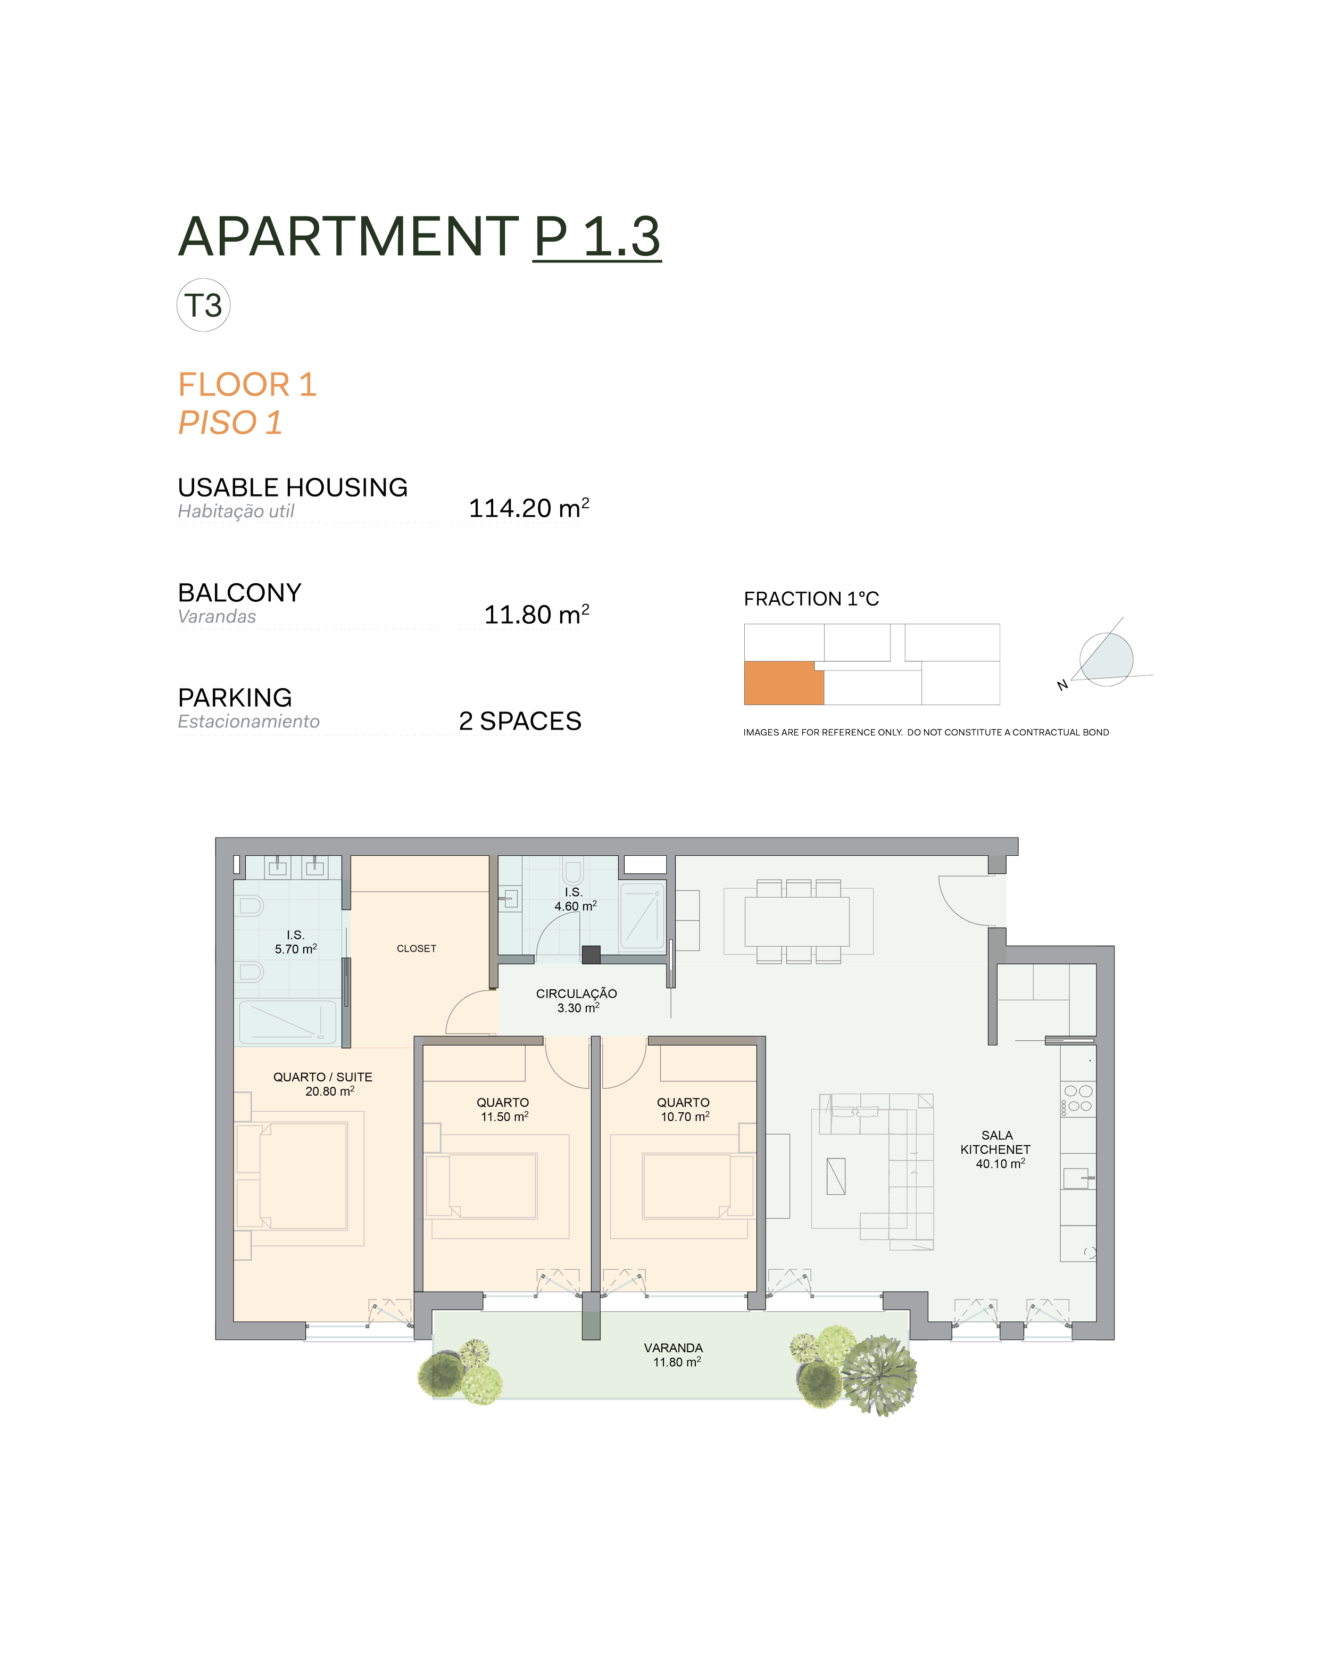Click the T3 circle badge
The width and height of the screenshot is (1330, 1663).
click(x=204, y=306)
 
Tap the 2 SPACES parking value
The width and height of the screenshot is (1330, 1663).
click(x=520, y=721)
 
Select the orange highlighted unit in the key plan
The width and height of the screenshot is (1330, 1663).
click(x=783, y=683)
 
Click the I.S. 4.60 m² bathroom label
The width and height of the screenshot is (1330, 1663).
click(x=575, y=899)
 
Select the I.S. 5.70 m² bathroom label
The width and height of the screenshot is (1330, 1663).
click(x=295, y=942)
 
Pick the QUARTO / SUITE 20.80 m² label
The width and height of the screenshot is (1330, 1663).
click(x=323, y=1083)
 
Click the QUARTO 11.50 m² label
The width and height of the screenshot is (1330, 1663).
click(x=503, y=1109)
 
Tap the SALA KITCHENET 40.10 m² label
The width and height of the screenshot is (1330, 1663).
click(x=996, y=1149)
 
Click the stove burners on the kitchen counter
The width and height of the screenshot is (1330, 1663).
click(x=1078, y=1098)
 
